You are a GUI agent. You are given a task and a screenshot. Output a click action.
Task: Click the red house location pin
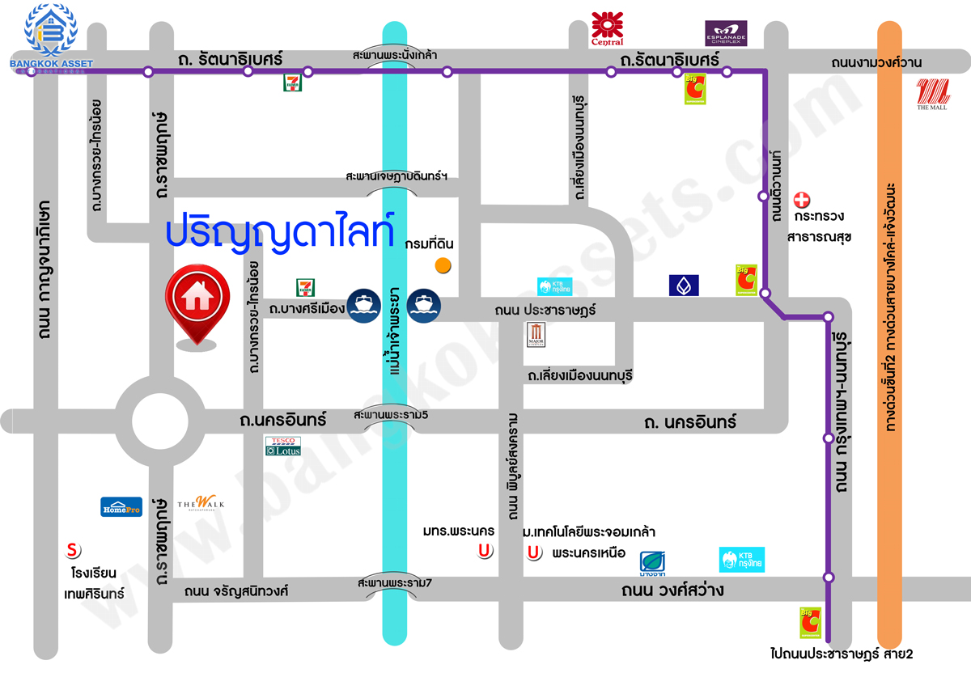point(197,299)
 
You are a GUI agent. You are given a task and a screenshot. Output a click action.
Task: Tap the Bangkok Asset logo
point(50,34)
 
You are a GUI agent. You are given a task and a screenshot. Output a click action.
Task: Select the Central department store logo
point(608,28)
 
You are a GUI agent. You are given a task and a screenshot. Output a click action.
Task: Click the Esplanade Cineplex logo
point(726,33)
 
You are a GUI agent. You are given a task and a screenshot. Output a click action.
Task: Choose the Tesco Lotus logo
point(283,446)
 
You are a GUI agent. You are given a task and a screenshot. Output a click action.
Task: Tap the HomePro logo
point(121,506)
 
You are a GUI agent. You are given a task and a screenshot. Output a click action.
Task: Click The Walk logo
point(201,504)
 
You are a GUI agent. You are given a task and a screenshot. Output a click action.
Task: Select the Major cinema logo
point(537,335)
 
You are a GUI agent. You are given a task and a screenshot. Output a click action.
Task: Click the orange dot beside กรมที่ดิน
point(443,265)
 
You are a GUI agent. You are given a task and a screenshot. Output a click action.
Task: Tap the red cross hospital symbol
point(802,199)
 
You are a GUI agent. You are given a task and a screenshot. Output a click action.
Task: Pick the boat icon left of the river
point(363,306)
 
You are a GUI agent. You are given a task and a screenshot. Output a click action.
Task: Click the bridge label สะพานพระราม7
point(394,582)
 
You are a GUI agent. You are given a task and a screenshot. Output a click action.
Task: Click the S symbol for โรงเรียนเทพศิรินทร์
point(73,551)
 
